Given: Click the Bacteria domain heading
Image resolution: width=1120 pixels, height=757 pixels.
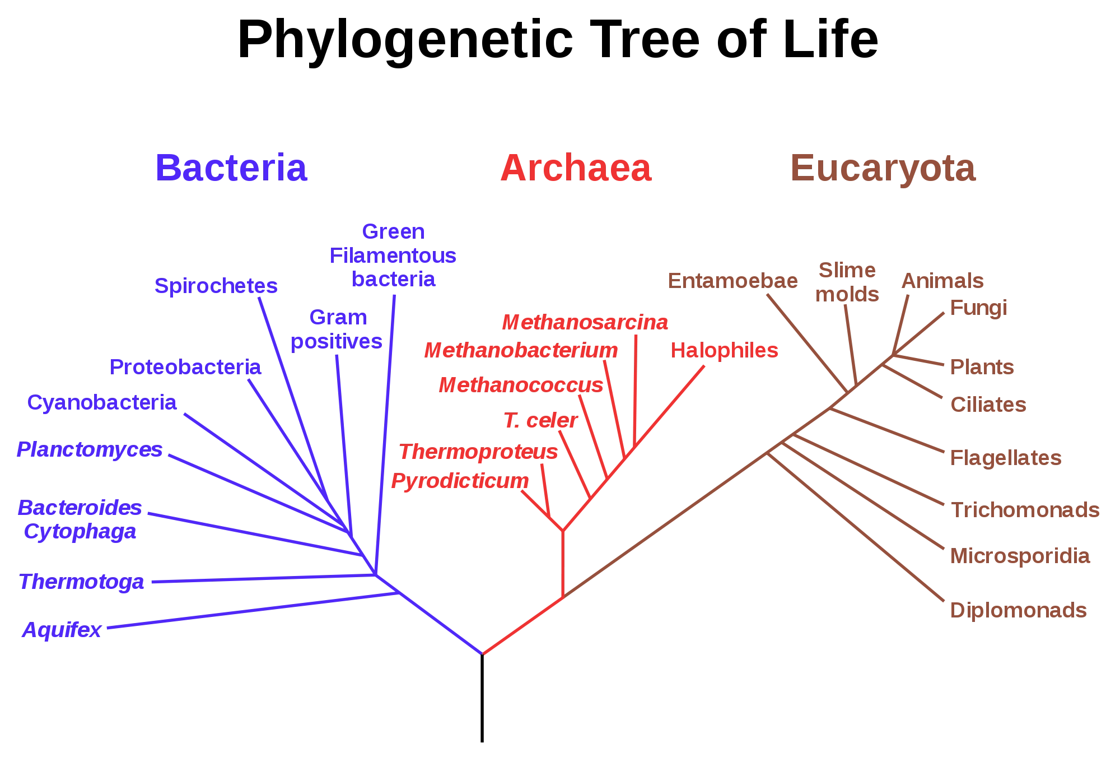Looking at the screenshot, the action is [x=232, y=168].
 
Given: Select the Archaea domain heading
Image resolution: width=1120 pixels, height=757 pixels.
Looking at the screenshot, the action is [x=576, y=168].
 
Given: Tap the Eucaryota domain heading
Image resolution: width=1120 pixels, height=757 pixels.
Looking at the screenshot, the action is [x=882, y=168].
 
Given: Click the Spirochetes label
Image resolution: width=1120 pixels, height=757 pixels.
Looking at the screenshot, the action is [x=216, y=287].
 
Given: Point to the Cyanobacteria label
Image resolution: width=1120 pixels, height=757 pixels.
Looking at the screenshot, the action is [x=102, y=403].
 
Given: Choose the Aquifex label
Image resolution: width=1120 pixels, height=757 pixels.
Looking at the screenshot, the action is [x=62, y=631].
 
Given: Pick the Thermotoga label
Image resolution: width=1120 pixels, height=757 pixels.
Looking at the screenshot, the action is [x=81, y=583].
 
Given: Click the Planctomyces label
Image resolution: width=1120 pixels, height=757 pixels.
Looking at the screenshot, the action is [x=90, y=449].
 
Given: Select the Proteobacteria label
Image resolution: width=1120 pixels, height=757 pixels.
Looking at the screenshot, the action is [x=185, y=368].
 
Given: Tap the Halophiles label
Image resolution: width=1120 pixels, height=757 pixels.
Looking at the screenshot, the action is [x=725, y=351].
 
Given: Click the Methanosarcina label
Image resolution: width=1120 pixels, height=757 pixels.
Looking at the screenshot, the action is [x=585, y=322].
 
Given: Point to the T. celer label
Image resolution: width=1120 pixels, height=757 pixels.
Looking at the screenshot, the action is [x=540, y=421].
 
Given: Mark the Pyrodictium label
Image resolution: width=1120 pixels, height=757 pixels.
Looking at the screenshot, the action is [x=460, y=481].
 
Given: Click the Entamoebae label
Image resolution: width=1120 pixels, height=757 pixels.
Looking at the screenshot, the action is [x=732, y=281].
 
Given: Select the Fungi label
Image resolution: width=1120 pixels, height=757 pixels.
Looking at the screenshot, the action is [x=978, y=308].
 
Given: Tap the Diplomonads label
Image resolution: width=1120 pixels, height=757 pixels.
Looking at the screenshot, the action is [x=1018, y=610].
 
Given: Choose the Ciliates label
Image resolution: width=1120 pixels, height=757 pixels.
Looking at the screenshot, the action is [x=987, y=404].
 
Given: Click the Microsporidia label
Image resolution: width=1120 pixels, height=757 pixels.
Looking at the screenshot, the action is [x=1020, y=556].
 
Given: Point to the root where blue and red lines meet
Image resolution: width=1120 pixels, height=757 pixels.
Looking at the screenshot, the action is [x=484, y=653].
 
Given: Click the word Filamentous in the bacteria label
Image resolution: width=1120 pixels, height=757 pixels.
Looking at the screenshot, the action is [x=393, y=257].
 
